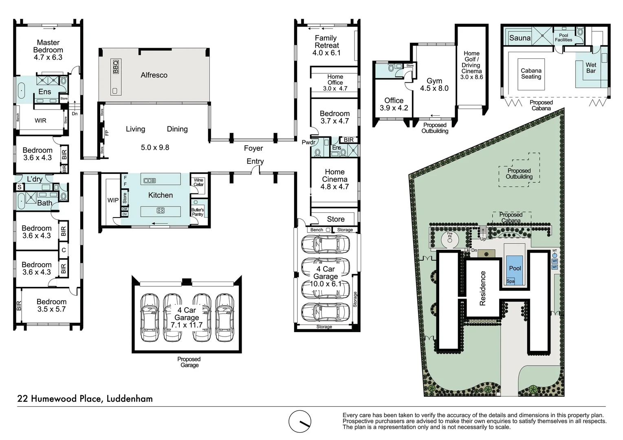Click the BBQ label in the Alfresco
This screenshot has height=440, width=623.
[116, 67]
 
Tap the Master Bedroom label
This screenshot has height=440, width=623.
[48, 46]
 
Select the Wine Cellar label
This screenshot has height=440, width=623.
[198, 182]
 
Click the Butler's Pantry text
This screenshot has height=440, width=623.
[198, 212]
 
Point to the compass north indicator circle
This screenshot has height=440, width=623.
[300, 421]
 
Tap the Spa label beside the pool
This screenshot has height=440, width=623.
[511, 281]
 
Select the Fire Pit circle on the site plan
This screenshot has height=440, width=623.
[450, 240]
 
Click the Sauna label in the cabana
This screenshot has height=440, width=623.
[520, 38]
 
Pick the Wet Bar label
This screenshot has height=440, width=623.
[591, 68]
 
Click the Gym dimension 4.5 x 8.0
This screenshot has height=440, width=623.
[434, 88]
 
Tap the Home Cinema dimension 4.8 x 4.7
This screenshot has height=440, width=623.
[335, 187]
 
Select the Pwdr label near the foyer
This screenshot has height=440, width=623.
[308, 142]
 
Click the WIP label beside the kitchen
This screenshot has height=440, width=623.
[113, 200]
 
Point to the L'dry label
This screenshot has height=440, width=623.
[35, 179]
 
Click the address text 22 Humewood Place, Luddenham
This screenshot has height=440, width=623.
[85, 398]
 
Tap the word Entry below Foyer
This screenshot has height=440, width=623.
[255, 161]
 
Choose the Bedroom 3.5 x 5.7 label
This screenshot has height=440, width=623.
[51, 306]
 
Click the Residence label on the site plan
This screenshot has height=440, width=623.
[483, 288]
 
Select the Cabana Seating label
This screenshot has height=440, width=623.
[531, 73]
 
